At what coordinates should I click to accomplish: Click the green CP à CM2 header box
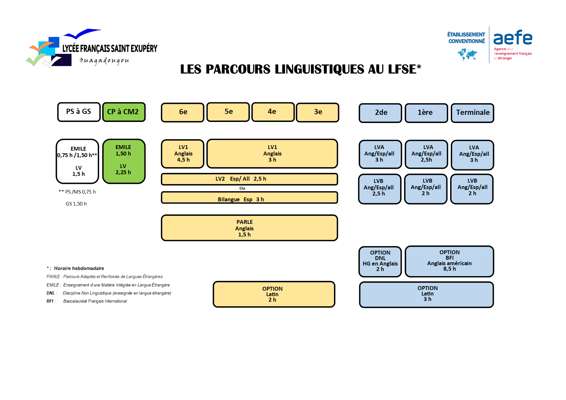click(124, 112)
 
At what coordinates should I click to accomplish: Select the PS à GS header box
click(79, 112)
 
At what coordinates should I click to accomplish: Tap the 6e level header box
click(183, 112)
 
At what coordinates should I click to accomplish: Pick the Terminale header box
click(472, 113)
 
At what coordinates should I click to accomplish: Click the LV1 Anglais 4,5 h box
click(183, 154)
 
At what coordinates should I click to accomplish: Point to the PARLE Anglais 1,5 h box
click(249, 228)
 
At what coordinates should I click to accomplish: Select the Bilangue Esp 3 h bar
click(249, 198)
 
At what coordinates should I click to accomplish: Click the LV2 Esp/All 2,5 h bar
click(249, 179)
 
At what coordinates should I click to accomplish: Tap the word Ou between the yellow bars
click(242, 188)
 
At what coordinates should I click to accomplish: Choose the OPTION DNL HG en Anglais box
click(380, 262)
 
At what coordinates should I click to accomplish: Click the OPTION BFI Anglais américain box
click(449, 261)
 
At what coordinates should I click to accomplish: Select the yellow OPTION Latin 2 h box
click(274, 294)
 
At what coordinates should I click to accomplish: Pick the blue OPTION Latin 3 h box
click(426, 295)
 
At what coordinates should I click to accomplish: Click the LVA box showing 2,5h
click(426, 154)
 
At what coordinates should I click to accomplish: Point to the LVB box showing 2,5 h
click(379, 189)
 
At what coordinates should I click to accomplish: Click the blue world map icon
click(467, 54)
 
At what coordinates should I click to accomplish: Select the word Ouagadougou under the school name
click(104, 61)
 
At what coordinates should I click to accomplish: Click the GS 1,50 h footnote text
click(76, 204)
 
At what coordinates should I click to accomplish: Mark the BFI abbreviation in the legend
click(50, 301)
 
